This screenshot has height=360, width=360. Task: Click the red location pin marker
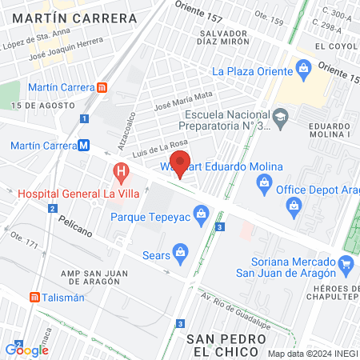[181, 163]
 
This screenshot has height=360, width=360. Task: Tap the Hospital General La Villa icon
[120, 170]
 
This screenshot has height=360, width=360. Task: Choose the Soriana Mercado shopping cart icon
[346, 262]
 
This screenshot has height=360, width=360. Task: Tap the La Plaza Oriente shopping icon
[303, 70]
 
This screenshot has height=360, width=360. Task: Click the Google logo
[26, 349]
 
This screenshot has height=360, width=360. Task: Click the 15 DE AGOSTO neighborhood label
[37, 106]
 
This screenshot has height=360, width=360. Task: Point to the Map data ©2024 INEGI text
[312, 354]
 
